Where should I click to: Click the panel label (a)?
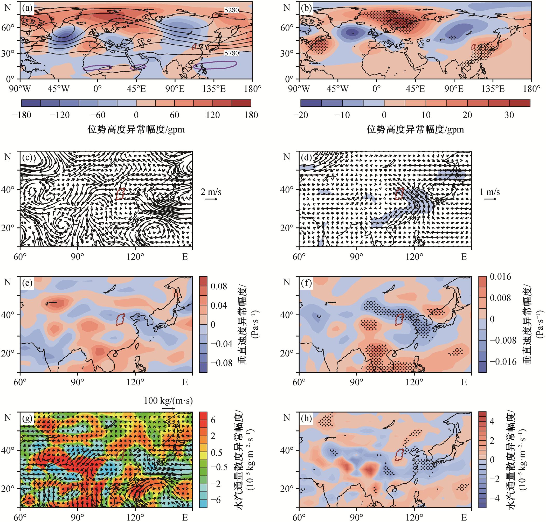pyautogui.click(x=27, y=8)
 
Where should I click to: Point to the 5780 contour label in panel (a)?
pyautogui.click(x=232, y=53)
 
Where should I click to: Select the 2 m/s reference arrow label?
pyautogui.click(x=211, y=192)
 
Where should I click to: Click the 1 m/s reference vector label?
pyautogui.click(x=490, y=192)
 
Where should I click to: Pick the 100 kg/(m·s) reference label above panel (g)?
pyautogui.click(x=168, y=401)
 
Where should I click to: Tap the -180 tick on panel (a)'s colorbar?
pyautogui.click(x=22, y=115)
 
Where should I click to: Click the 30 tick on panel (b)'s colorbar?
pyautogui.click(x=509, y=115)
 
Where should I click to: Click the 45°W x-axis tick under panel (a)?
pyautogui.click(x=58, y=89)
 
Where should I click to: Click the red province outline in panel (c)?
pyautogui.click(x=120, y=194)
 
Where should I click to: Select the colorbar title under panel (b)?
pyautogui.click(x=415, y=130)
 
